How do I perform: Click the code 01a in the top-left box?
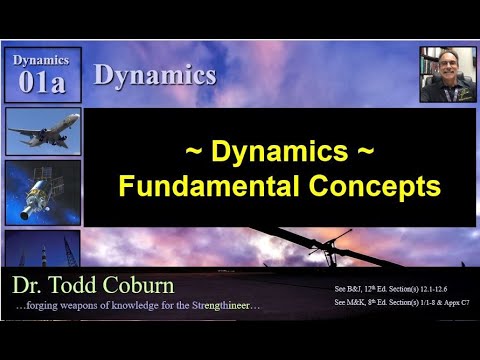click(x=42, y=83)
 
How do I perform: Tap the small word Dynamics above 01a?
click(x=42, y=60)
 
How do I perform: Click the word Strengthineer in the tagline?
click(x=223, y=305)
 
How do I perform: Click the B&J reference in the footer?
click(x=353, y=287)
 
